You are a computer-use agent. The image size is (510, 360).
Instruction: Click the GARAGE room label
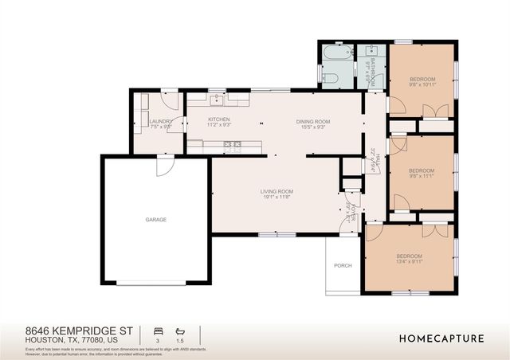(155, 220)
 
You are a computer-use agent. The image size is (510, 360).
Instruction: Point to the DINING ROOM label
(313, 121)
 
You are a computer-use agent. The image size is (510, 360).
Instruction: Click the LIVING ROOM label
(277, 191)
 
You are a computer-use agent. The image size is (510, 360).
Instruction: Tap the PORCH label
(343, 265)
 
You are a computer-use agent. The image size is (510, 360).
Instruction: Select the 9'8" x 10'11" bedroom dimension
(422, 85)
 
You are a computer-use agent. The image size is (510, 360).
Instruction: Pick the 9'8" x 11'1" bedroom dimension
(421, 177)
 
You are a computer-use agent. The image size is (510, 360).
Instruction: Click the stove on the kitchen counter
(232, 145)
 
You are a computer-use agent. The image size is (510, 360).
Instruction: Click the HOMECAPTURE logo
(441, 338)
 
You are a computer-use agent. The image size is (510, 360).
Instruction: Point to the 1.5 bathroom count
(181, 340)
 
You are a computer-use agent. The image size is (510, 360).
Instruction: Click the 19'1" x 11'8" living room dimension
(277, 197)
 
